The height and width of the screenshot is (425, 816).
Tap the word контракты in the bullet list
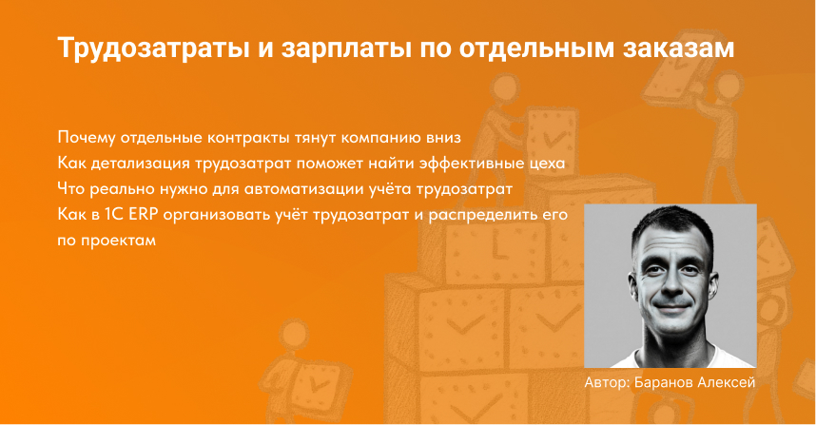click(x=250, y=135)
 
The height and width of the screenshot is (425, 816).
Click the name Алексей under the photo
click(x=729, y=383)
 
